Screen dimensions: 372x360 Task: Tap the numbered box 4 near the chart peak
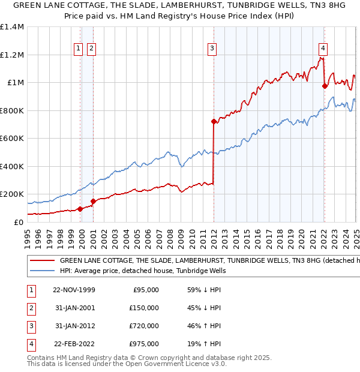[323, 49]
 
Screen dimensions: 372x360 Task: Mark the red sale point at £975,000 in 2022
[325, 86]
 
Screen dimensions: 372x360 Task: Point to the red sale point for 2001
[93, 201]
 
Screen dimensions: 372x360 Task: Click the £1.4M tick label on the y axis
[12, 27]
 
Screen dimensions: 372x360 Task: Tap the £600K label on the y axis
[12, 138]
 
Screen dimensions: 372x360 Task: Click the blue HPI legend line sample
[41, 271]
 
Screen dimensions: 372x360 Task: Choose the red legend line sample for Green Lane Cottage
[41, 261]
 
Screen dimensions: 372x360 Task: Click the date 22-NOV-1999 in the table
[74, 290]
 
